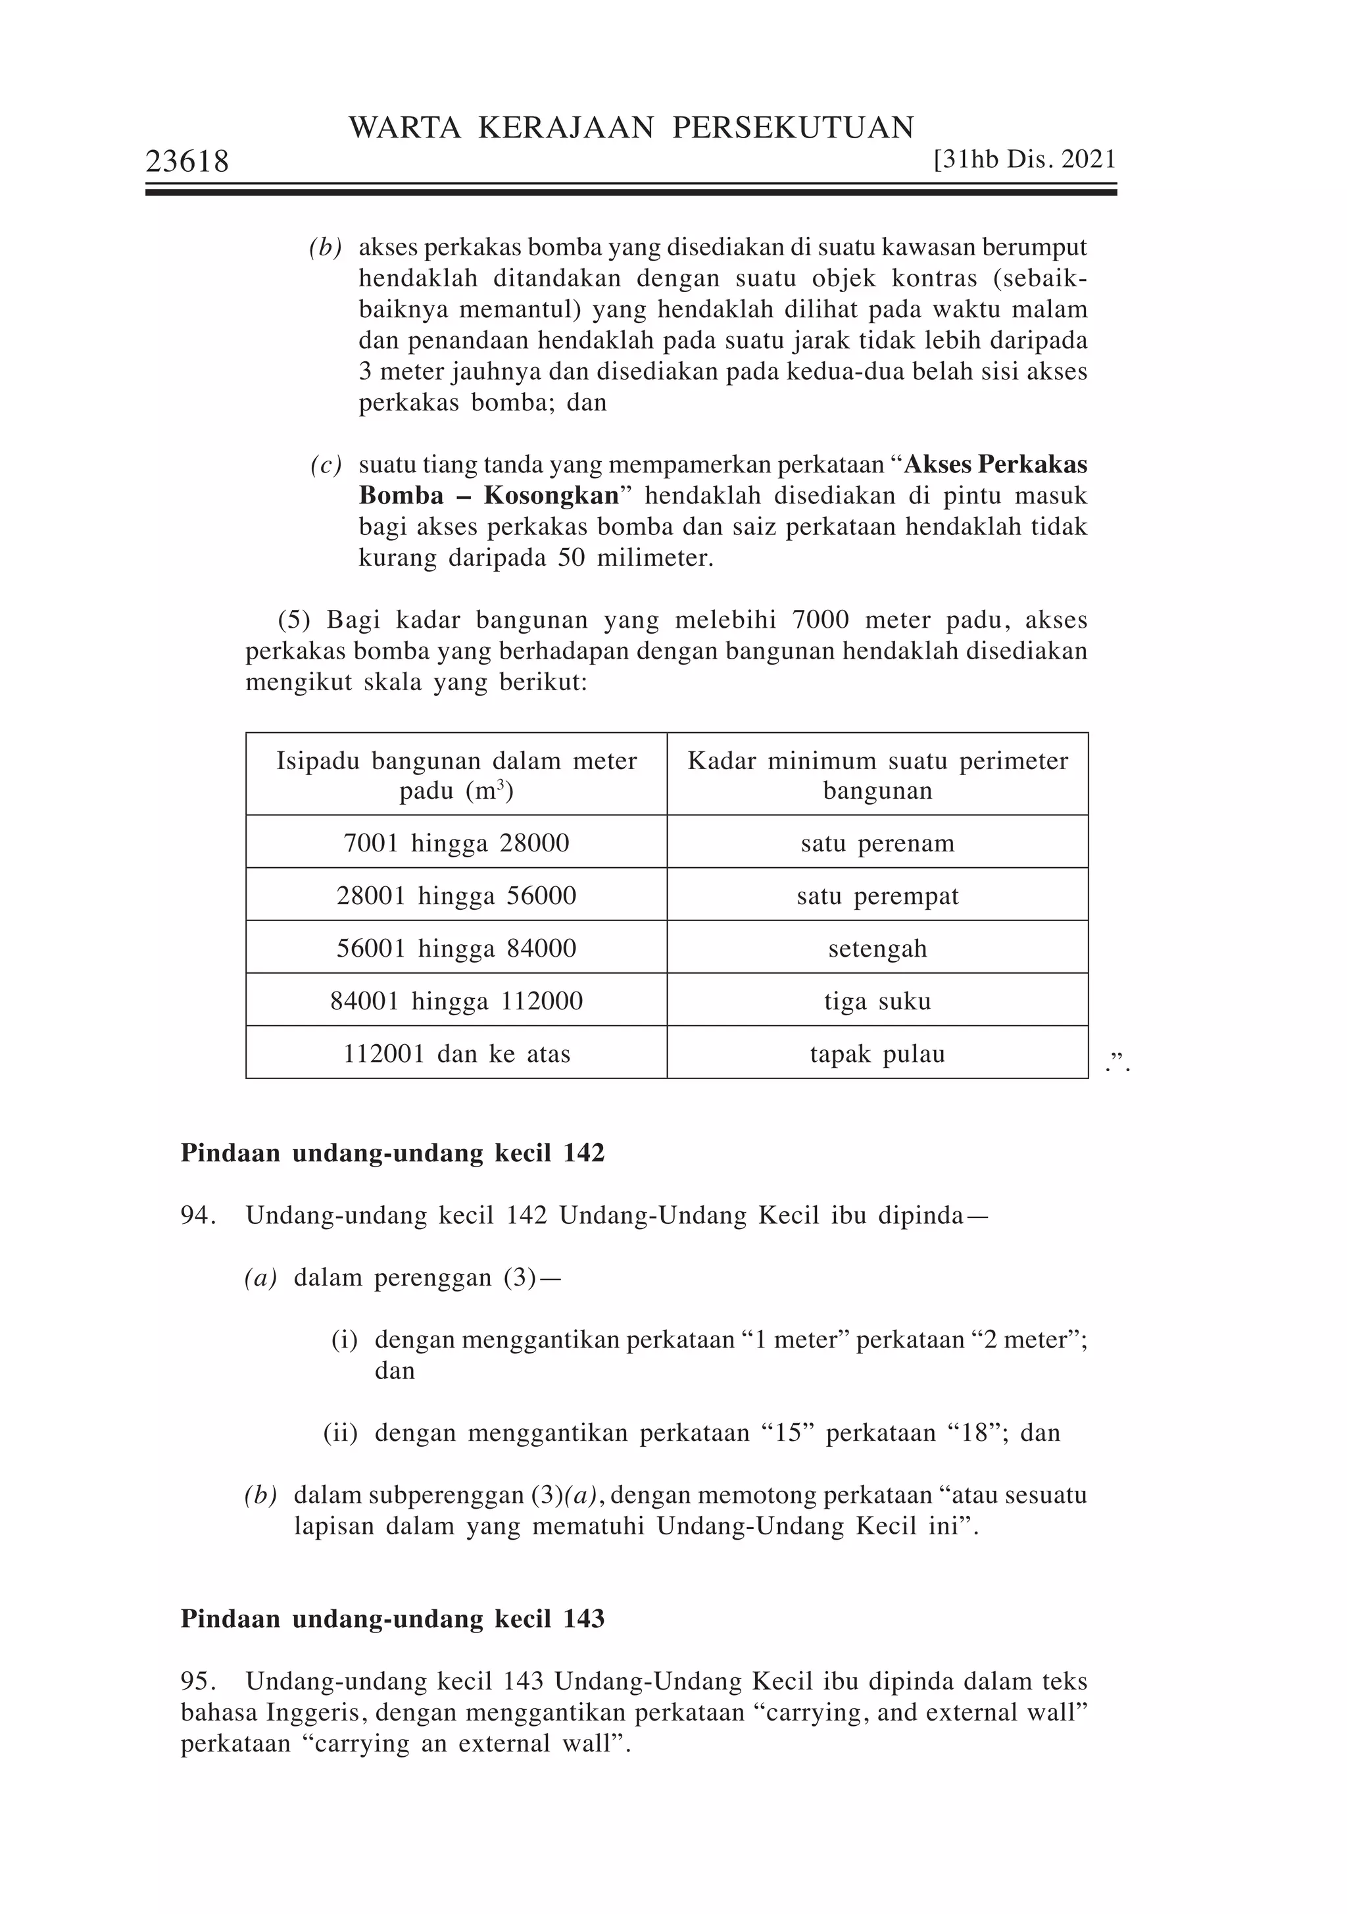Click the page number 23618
187,162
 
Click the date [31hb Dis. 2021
1025,159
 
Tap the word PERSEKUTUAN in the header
793,128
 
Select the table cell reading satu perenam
877,843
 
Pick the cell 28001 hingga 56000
456,895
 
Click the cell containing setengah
877,949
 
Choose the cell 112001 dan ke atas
456,1053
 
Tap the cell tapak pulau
877,1053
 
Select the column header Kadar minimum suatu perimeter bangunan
877,774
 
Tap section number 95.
197,1682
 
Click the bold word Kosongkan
551,496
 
